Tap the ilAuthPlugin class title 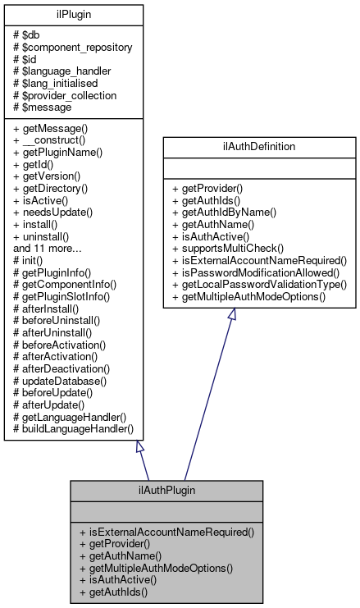click(166, 491)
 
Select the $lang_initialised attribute click(55, 84)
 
